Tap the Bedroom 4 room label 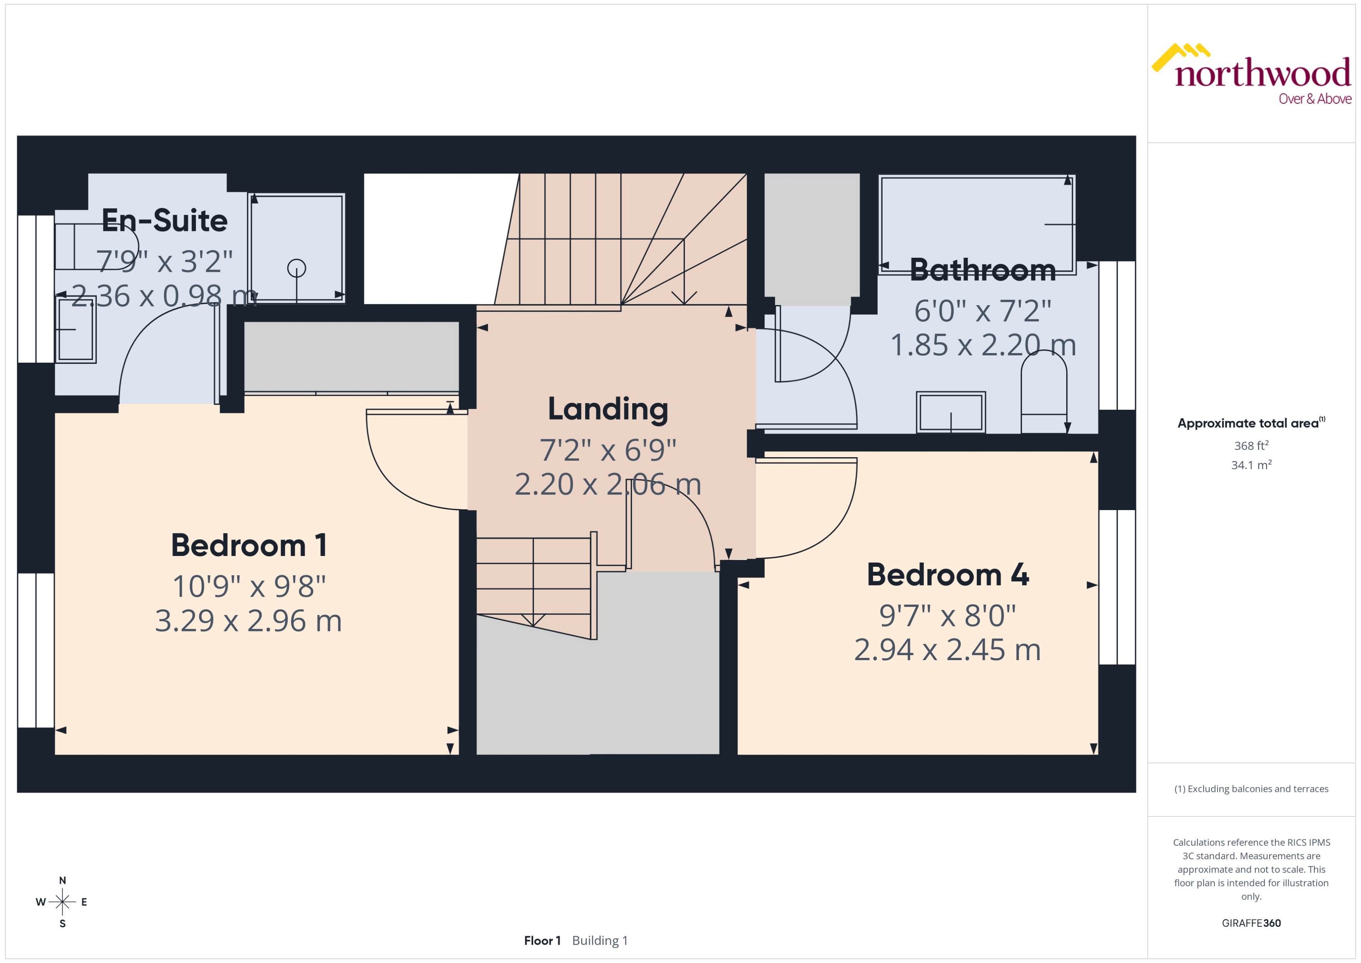947,575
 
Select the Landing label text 607,409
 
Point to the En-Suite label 164,220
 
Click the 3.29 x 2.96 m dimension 248,621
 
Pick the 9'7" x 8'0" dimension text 947,615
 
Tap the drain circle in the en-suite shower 297,268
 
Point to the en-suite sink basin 75,329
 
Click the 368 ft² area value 1251,445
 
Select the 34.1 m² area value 1251,465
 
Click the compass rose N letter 62,881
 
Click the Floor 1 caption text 541,940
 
